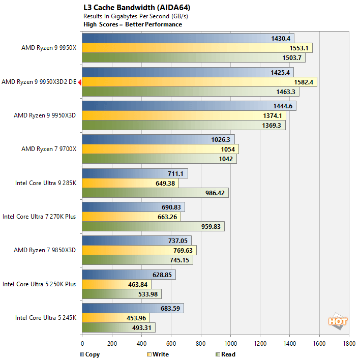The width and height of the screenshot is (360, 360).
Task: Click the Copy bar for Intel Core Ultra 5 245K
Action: pyautogui.click(x=133, y=308)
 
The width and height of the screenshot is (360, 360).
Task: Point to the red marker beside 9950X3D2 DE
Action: pyautogui.click(x=79, y=81)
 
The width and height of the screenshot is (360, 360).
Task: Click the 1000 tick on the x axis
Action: pyautogui.click(x=230, y=343)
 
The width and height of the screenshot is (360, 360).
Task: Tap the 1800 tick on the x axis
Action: pyautogui.click(x=349, y=343)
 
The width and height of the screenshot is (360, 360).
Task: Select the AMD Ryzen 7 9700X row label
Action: pyautogui.click(x=48, y=149)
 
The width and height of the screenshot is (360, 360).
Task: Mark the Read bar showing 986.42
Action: pyautogui.click(x=155, y=193)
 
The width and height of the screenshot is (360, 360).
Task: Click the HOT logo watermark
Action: pyautogui.click(x=338, y=321)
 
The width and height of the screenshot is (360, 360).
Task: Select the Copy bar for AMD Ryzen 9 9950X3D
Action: pyautogui.click(x=189, y=106)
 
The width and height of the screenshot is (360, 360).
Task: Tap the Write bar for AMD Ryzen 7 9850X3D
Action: pyautogui.click(x=139, y=250)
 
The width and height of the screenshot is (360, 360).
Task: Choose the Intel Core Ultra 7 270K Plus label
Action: pyautogui.click(x=39, y=216)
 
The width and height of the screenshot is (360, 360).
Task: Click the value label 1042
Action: pyautogui.click(x=225, y=159)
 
